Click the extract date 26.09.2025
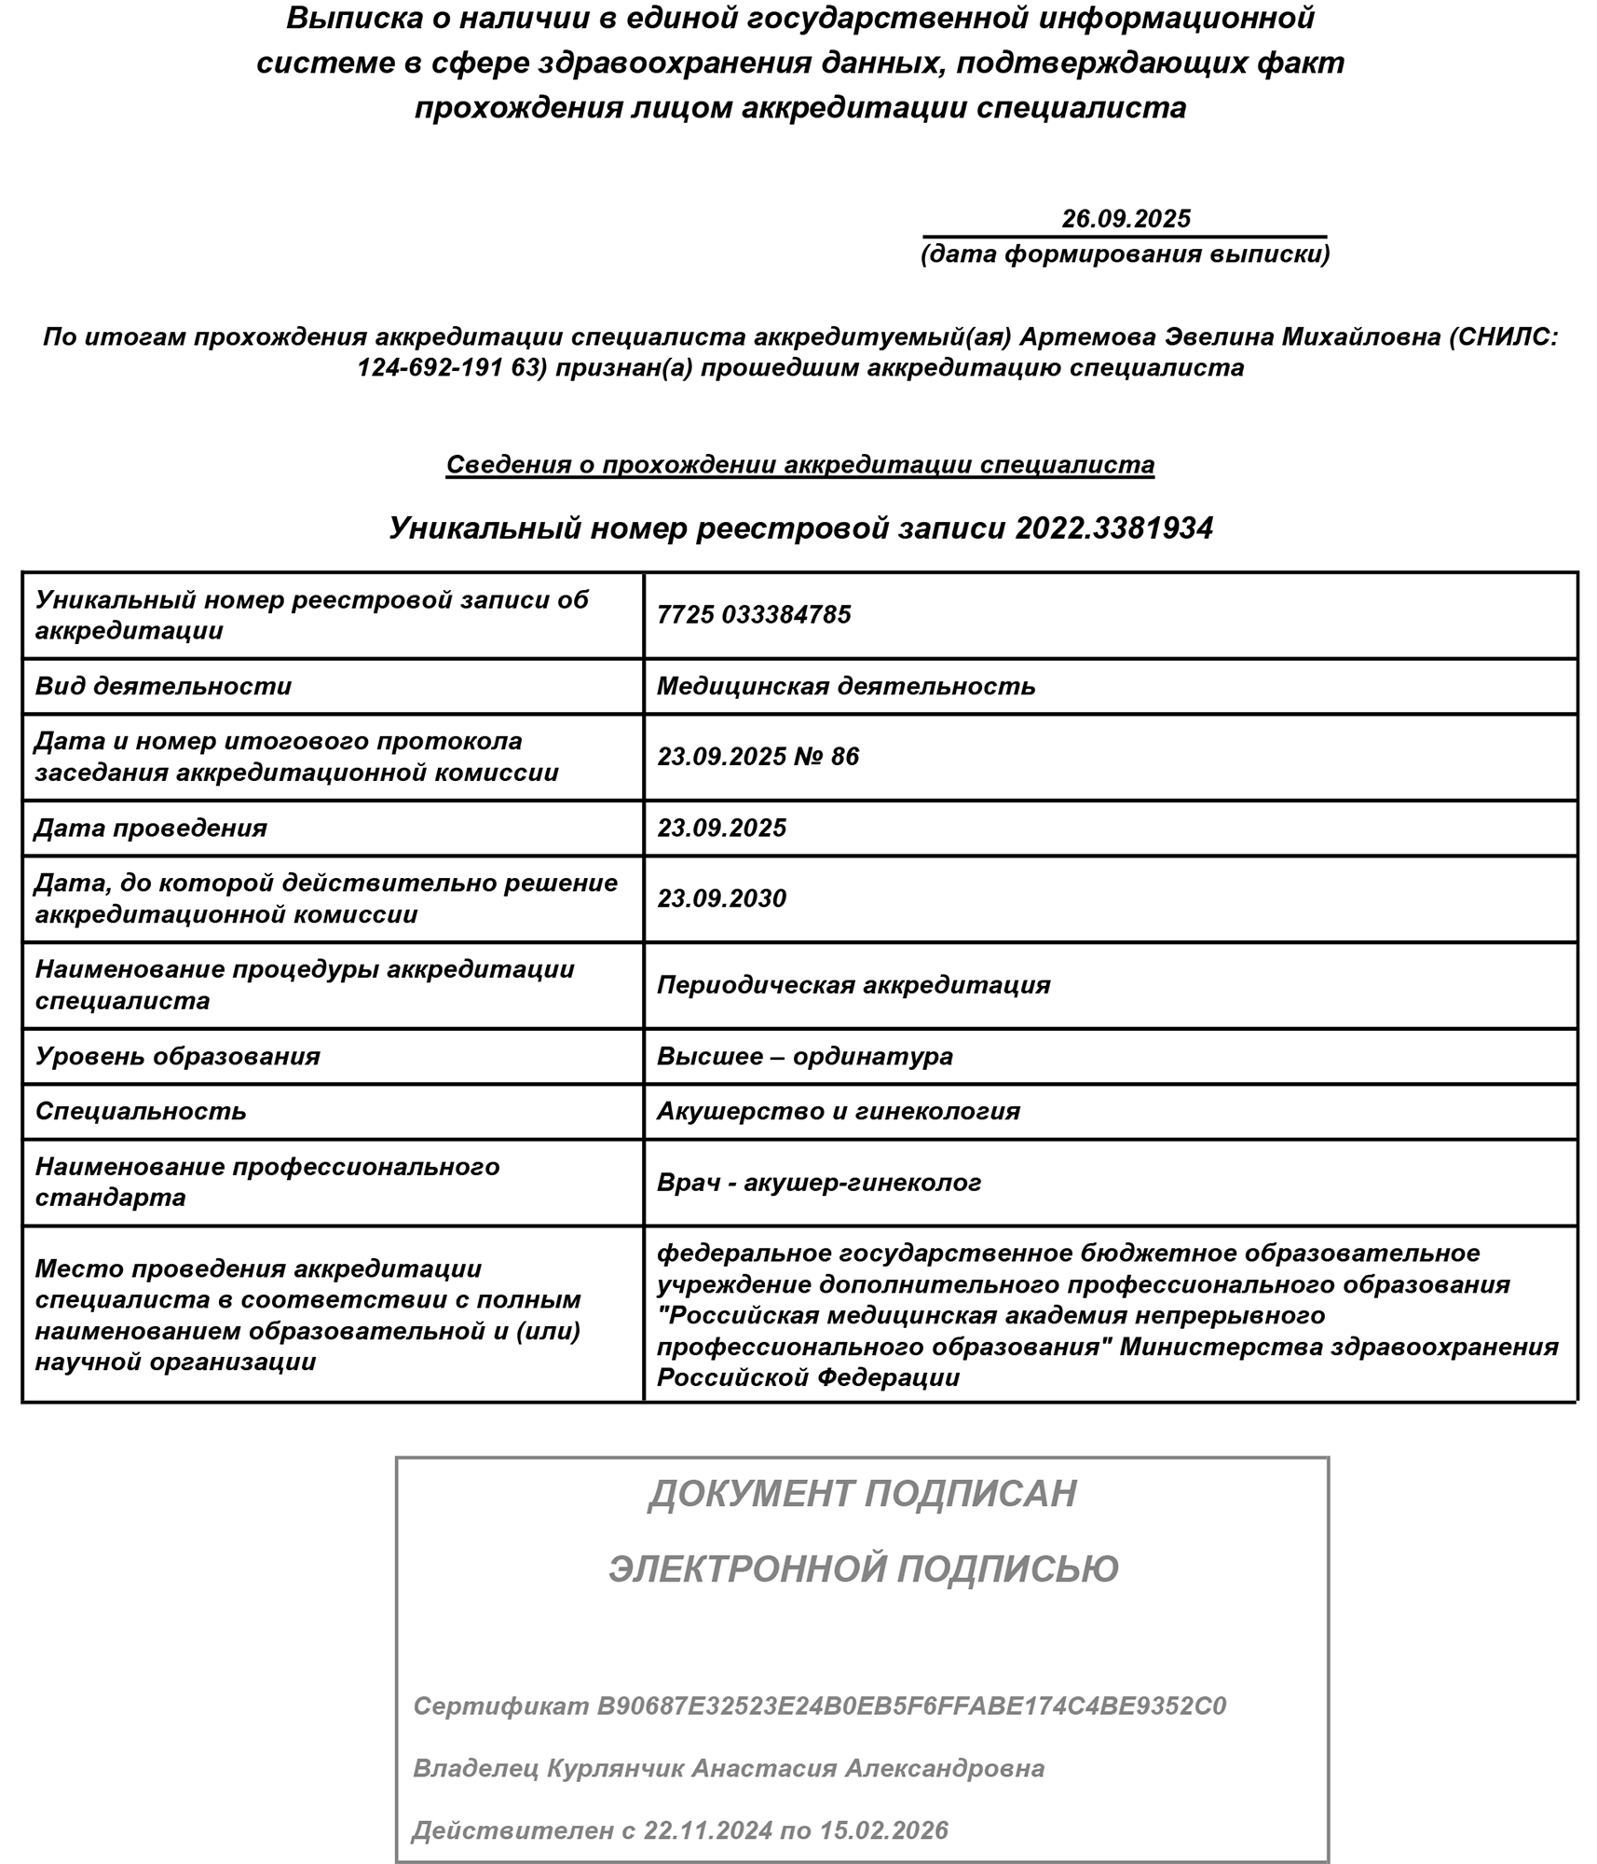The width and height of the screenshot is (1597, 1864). click(1126, 218)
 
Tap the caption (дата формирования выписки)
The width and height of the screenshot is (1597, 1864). click(1125, 254)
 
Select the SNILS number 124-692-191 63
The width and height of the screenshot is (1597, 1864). click(451, 367)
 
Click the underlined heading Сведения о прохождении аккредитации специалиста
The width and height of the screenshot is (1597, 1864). click(799, 464)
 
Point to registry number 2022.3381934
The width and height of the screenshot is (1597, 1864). click(1113, 528)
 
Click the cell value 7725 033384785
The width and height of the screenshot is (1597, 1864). click(754, 615)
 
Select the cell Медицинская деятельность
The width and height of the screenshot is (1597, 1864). click(846, 686)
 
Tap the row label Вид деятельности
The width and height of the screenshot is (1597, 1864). click(163, 686)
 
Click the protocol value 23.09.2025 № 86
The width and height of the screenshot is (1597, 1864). click(758, 756)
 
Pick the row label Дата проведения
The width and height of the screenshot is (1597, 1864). click(151, 828)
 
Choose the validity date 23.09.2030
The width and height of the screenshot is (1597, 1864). click(721, 898)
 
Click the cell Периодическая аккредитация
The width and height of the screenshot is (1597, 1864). click(853, 985)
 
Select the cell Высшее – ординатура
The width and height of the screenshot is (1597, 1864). click(804, 1056)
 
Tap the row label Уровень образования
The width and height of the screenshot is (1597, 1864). click(177, 1056)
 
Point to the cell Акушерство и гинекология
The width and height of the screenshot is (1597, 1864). click(839, 1111)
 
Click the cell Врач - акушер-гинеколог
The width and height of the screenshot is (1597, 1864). click(819, 1183)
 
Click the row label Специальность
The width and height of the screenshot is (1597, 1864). click(141, 1111)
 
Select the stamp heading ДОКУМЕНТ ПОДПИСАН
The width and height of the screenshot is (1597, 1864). click(862, 1494)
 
